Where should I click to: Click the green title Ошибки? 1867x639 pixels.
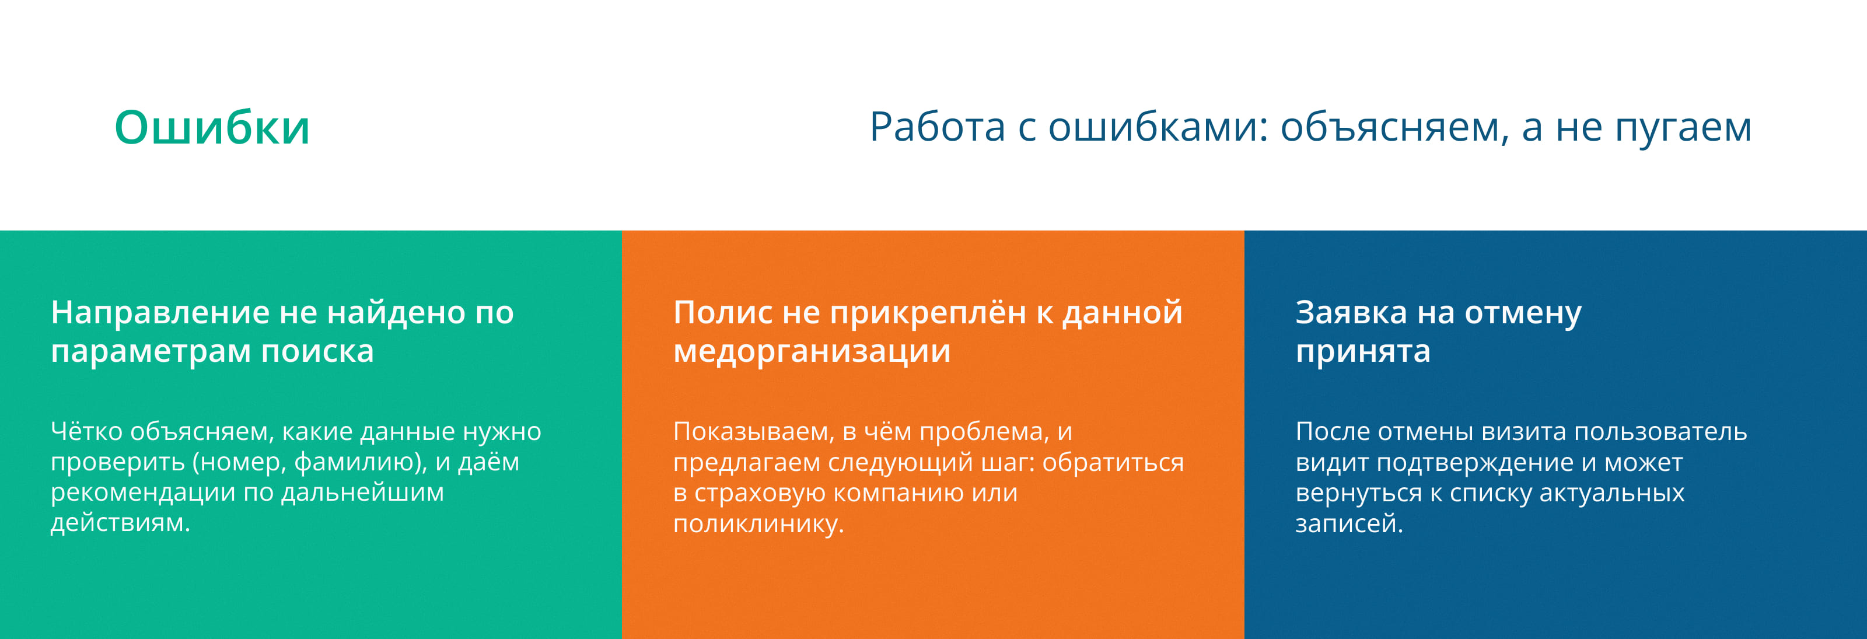[212, 128]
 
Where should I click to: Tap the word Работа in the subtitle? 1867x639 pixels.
[937, 127]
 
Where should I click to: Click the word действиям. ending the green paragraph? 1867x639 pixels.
[120, 523]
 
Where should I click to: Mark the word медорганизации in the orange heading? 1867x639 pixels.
[811, 352]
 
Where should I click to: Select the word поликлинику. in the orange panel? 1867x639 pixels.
[758, 523]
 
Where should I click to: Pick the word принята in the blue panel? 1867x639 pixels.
[1362, 352]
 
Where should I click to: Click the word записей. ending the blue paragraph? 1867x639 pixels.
[1349, 523]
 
